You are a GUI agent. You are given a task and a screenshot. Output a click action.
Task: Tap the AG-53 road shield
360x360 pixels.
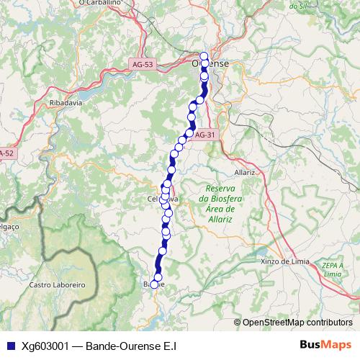pos(143,65)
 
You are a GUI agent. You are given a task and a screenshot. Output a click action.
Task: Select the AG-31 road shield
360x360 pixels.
pos(205,135)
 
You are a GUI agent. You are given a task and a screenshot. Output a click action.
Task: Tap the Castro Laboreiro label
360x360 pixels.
pos(57,285)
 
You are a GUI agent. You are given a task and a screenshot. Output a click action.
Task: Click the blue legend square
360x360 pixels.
pos(9,346)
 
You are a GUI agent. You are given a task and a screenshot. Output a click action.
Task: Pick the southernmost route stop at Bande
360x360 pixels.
pos(154,284)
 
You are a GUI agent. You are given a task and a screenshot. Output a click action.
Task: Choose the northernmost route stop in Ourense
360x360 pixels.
pos(204,56)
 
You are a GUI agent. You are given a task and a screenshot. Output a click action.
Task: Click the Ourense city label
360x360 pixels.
pos(210,63)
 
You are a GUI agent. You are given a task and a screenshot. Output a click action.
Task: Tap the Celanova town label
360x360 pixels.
pos(163,199)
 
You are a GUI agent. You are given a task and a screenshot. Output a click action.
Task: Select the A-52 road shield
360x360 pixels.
pos(6,153)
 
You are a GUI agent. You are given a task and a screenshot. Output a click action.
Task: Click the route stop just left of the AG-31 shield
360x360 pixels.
pos(189,133)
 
